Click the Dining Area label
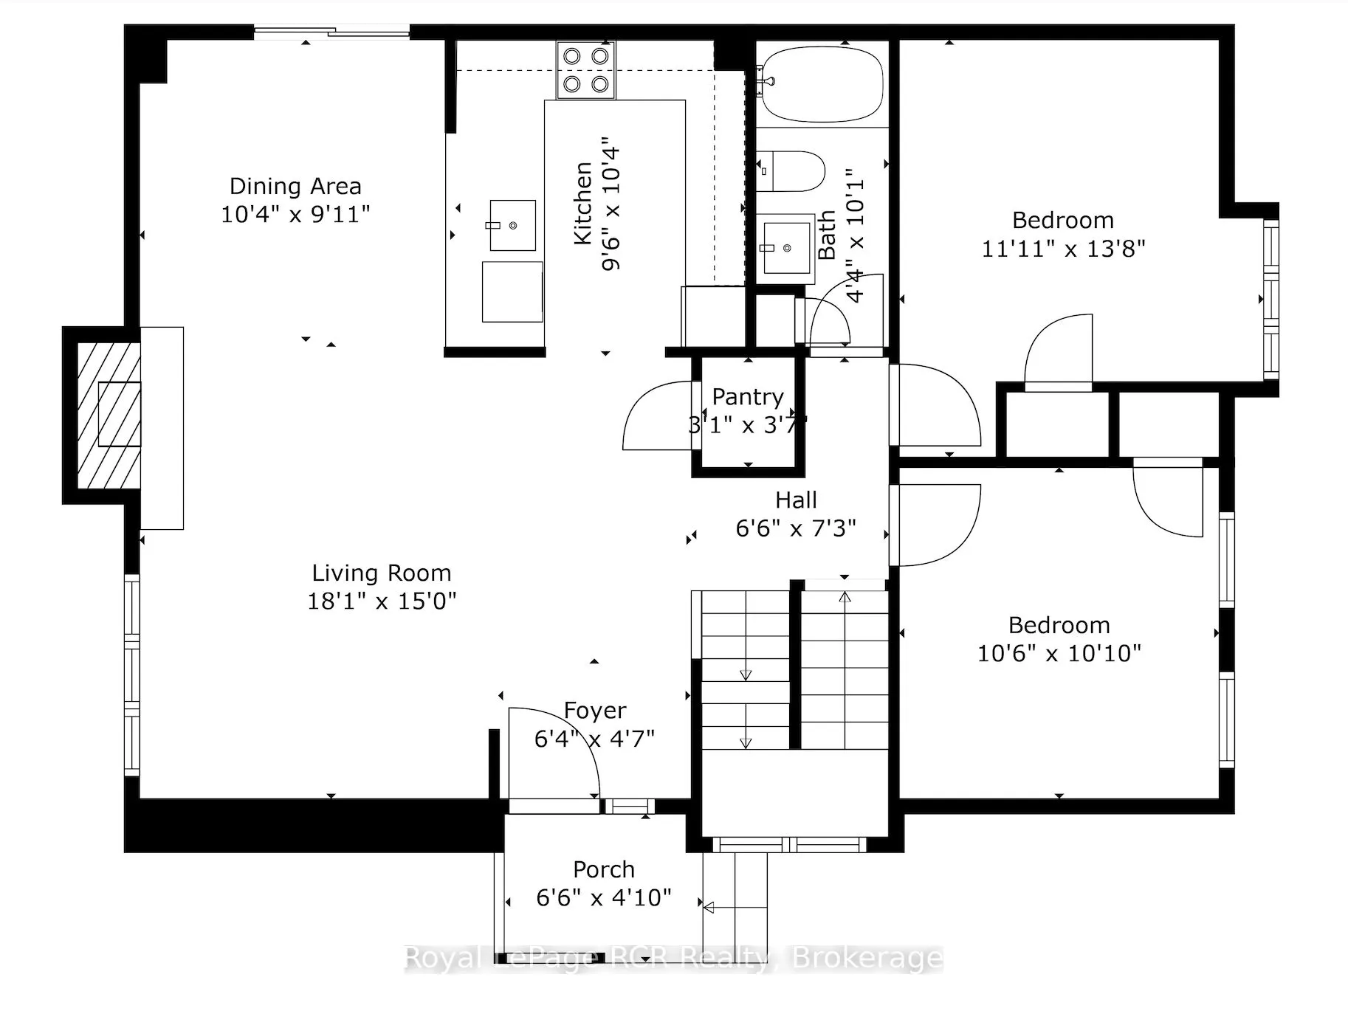[x=295, y=186]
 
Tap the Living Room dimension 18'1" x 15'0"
[x=382, y=601]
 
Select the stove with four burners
[x=585, y=70]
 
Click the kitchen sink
[x=512, y=225]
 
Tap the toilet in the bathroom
[x=790, y=171]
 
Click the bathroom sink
[x=786, y=249]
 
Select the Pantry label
[x=748, y=397]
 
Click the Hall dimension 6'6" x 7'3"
[x=796, y=528]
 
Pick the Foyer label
[x=595, y=711]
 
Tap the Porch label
[x=604, y=869]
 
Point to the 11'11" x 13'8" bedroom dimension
[x=1063, y=249]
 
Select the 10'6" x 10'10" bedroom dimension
[x=1059, y=653]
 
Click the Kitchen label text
[x=583, y=204]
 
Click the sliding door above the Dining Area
[x=331, y=31]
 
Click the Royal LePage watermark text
[x=674, y=959]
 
